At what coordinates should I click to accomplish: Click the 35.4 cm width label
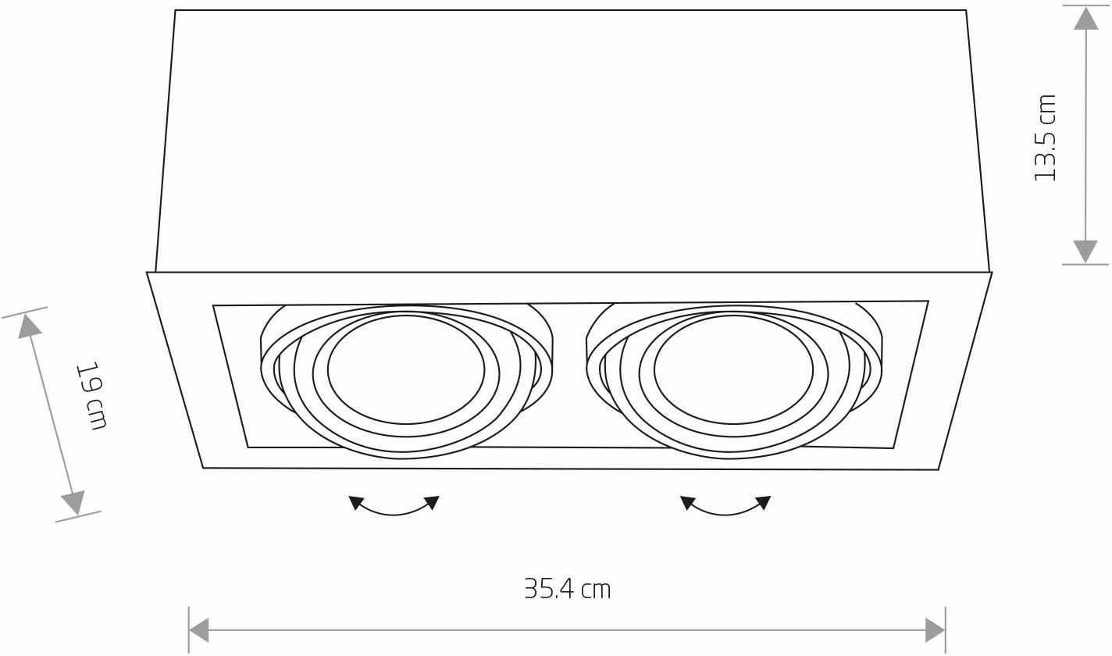pos(567,589)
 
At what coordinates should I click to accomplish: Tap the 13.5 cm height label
pos(1045,138)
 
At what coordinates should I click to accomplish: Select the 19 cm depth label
pos(91,395)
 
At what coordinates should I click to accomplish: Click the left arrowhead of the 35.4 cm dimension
pos(200,629)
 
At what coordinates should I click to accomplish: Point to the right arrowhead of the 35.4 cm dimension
pos(935,629)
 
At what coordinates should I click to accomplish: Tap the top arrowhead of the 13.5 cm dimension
pos(1085,18)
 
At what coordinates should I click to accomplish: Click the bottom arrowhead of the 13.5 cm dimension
pos(1085,251)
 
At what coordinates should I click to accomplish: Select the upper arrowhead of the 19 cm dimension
pos(30,324)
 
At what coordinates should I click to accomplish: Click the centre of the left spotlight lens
pos(406,369)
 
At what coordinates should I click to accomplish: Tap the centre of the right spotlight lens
pos(732,369)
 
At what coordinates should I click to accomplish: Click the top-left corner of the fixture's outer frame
pos(148,273)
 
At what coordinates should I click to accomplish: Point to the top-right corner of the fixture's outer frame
pos(992,273)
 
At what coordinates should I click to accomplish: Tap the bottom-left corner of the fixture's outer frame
pos(203,468)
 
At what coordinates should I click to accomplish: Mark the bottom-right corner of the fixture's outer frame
pos(938,469)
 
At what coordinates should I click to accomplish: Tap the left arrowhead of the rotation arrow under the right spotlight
pos(687,502)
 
